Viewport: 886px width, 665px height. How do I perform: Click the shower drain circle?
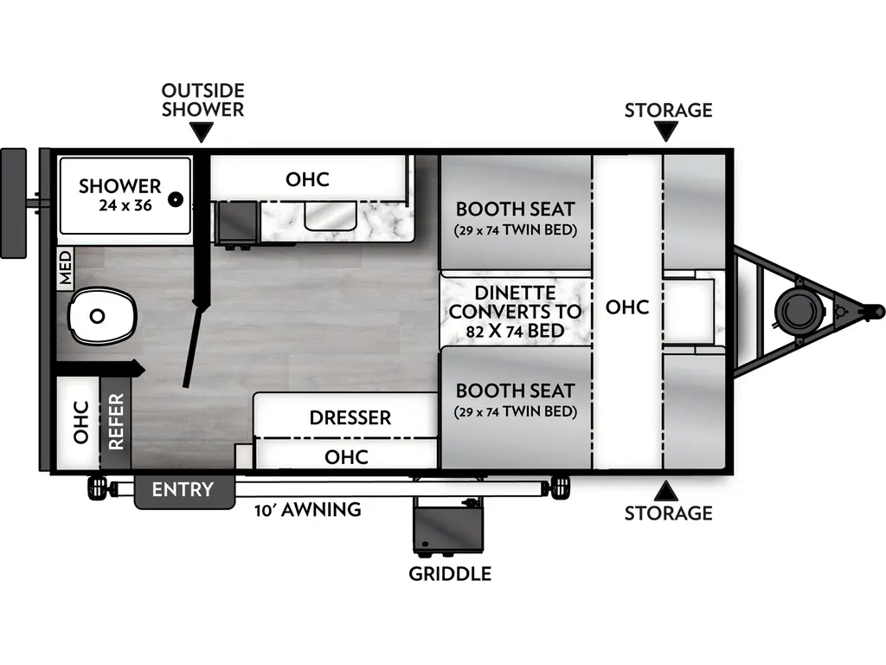coord(176,199)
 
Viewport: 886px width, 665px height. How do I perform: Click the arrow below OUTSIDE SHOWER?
coord(202,132)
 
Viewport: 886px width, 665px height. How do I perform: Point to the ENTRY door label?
coord(183,490)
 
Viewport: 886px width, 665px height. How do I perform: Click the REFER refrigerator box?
coord(116,422)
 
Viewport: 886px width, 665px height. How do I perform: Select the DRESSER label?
coord(350,418)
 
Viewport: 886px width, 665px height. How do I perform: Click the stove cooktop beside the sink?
coord(235,223)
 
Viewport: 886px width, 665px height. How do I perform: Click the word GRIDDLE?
coord(450,573)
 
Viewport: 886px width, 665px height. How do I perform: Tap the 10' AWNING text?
coord(308,510)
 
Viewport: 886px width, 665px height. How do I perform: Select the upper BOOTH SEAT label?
coord(515,209)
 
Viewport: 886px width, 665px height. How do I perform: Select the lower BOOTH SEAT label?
coord(515,390)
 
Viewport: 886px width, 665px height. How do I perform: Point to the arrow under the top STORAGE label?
coord(666,132)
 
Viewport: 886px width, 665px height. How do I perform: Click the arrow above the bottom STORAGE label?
coord(666,491)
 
